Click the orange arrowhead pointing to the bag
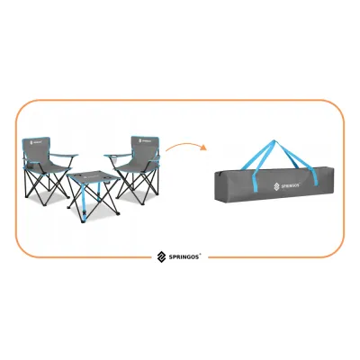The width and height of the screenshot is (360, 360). (204, 148)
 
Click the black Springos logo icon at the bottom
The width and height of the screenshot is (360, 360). (161, 256)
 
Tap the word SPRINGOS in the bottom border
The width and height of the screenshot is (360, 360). (184, 257)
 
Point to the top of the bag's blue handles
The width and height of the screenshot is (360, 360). (274, 141)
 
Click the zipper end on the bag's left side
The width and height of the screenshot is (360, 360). (217, 174)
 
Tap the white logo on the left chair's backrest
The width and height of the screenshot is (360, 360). (36, 143)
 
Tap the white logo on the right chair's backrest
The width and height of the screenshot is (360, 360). (145, 140)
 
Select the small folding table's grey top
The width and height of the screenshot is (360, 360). (94, 177)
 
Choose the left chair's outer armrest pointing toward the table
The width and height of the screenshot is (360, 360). (63, 156)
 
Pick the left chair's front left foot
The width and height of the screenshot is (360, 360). (25, 196)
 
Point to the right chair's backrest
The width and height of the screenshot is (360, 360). (145, 149)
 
